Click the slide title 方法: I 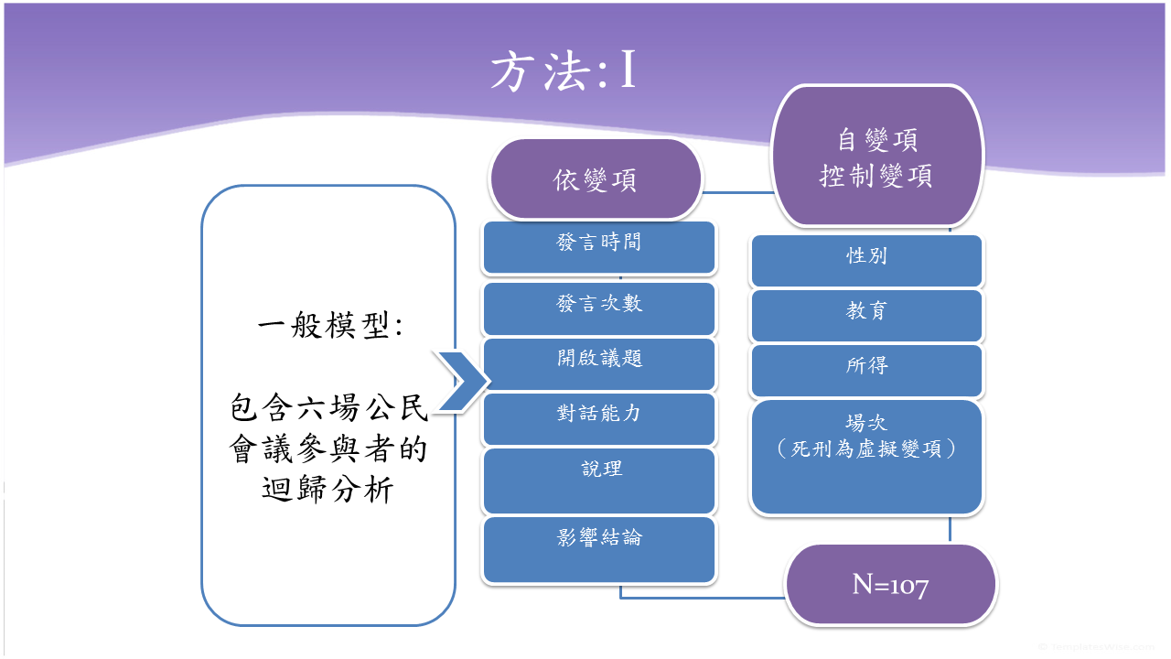[563, 72]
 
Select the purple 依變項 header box [596, 179]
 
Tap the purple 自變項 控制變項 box [876, 157]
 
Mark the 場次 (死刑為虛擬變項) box [866, 456]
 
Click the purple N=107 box [890, 585]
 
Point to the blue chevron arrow [462, 382]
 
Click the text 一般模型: [329, 326]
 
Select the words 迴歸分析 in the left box [328, 491]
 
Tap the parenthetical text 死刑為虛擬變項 [866, 449]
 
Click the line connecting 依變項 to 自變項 [736, 192]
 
